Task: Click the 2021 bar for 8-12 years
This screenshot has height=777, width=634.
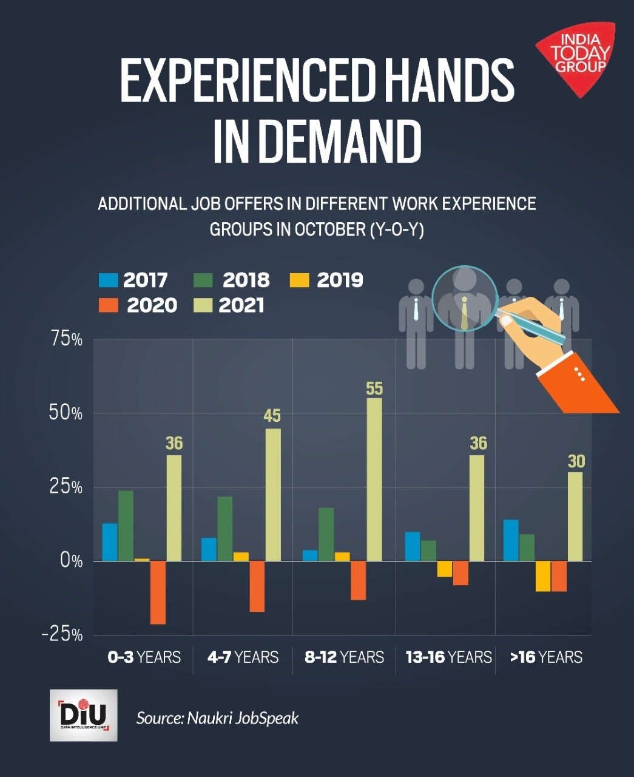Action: [374, 480]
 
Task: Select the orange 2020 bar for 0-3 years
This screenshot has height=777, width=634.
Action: [158, 592]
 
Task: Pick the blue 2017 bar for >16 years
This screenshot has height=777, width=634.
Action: [511, 540]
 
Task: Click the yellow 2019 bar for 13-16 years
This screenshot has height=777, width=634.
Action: [445, 568]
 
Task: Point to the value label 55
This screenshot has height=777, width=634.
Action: [374, 388]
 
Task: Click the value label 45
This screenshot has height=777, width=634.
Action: [272, 416]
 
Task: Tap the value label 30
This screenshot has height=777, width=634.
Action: [576, 461]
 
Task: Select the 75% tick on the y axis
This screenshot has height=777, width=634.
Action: [66, 339]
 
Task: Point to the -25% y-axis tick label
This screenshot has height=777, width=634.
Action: [62, 634]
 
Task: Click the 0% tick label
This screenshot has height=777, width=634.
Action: [71, 560]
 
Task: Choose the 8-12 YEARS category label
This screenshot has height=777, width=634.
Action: [344, 657]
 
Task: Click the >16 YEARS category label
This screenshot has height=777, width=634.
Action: [546, 657]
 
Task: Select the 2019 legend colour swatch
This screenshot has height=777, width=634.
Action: [299, 280]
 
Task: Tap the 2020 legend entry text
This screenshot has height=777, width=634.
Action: [152, 305]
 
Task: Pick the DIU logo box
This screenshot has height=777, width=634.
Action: [83, 714]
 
